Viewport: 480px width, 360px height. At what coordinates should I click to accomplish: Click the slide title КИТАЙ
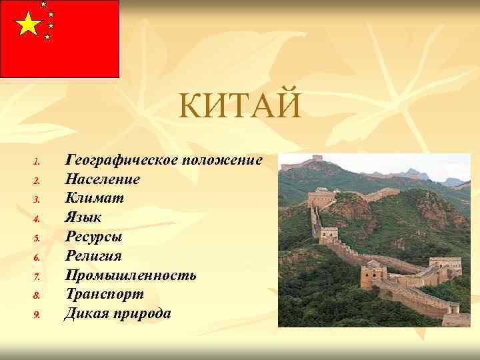(x=241, y=107)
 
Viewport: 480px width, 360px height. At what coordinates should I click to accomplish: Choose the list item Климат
(x=94, y=198)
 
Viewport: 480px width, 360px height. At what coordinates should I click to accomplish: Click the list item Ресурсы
(x=93, y=237)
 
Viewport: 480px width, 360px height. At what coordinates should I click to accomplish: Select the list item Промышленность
(x=130, y=275)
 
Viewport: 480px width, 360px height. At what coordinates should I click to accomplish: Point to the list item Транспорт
(x=103, y=294)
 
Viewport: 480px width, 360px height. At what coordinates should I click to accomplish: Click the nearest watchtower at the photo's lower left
(x=373, y=274)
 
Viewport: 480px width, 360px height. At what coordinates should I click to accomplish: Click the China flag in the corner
(x=59, y=39)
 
